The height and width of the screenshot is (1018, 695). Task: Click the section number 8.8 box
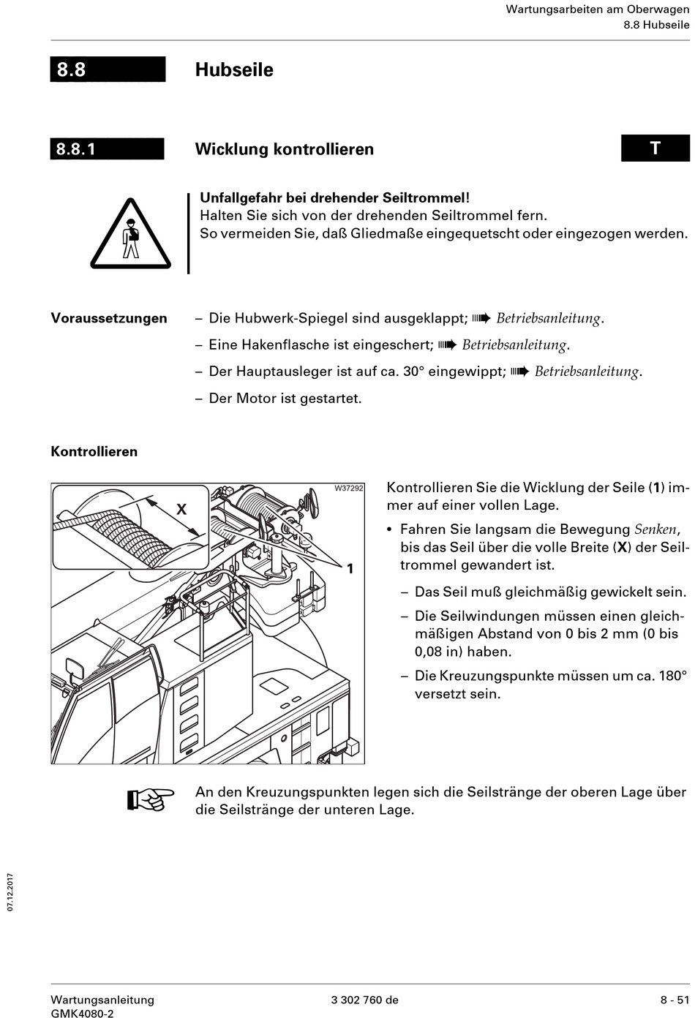(x=108, y=69)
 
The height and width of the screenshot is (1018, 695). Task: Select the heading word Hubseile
(x=234, y=70)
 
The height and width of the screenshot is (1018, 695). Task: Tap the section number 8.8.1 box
(x=107, y=149)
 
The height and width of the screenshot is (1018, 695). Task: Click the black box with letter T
(x=655, y=148)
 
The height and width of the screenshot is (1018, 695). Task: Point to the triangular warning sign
(x=131, y=234)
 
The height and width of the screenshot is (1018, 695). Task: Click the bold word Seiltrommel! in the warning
(x=425, y=197)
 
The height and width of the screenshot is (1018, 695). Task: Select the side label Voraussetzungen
(x=109, y=318)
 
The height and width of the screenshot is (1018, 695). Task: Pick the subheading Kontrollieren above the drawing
(x=94, y=451)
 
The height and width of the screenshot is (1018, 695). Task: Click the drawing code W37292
(x=349, y=489)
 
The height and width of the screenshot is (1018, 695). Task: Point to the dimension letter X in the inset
(x=182, y=508)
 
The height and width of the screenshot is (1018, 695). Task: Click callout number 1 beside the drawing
(x=350, y=568)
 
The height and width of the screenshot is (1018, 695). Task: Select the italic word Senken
(x=655, y=529)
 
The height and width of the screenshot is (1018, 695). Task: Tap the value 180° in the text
(x=673, y=676)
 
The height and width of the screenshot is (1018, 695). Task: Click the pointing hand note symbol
(x=150, y=800)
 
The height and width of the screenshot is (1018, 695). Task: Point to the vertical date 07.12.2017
(x=11, y=891)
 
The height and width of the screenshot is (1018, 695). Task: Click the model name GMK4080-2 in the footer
(x=82, y=1013)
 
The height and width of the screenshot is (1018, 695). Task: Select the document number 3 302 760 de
(x=365, y=1000)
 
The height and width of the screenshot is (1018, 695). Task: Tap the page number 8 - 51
(x=675, y=1000)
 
